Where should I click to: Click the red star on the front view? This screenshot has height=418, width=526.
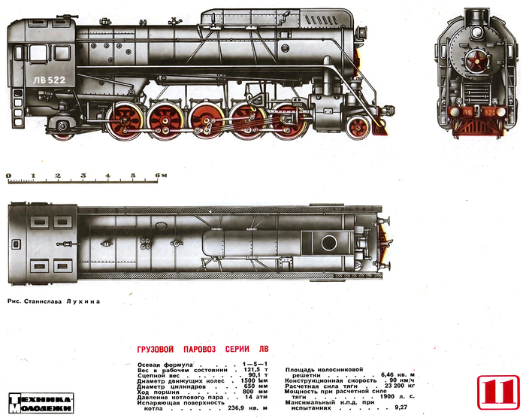coord(474,62)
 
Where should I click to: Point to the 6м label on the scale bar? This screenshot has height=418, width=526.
coord(159,175)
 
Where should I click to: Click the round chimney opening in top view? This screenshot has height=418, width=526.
coord(328,242)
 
